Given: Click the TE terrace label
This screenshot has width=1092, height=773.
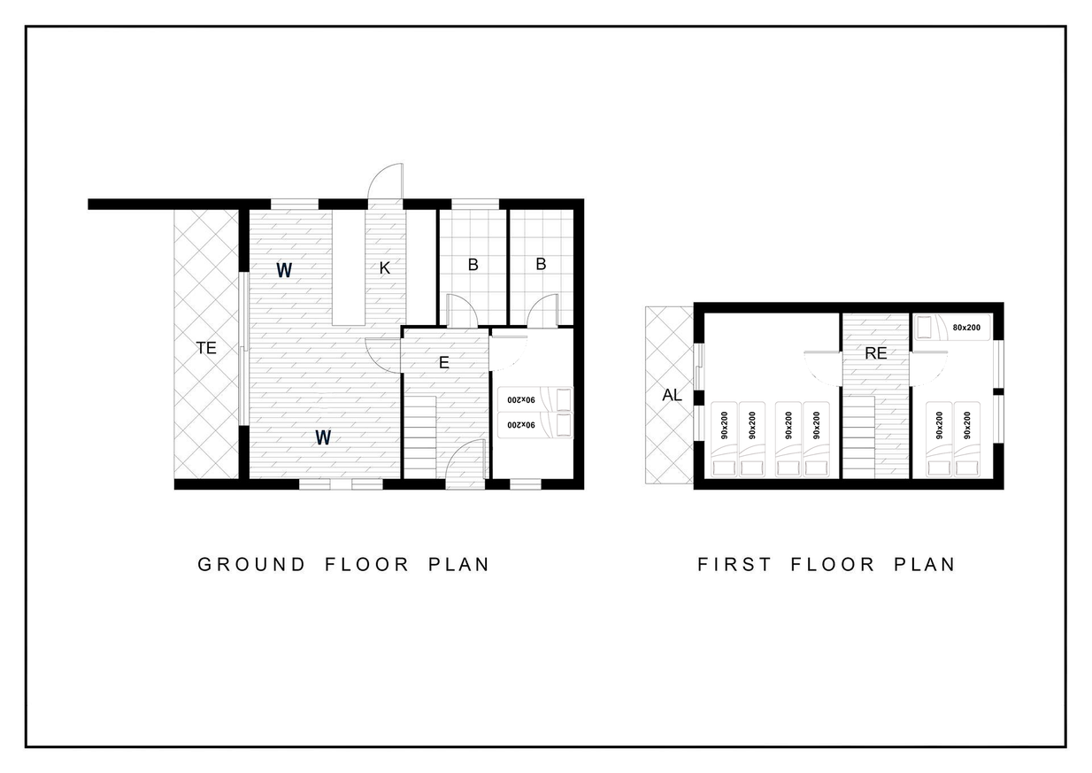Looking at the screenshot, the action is click(x=205, y=348).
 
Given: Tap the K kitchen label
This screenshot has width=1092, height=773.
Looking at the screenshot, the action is click(x=385, y=267).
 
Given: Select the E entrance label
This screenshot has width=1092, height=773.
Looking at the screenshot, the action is click(x=443, y=362).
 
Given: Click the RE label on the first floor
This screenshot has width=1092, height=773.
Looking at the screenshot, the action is click(x=875, y=353).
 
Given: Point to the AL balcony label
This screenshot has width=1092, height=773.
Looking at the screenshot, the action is click(x=672, y=395).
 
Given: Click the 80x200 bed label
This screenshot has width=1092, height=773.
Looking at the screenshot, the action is click(x=966, y=328).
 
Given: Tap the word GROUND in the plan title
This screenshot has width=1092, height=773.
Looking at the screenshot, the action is click(x=251, y=564).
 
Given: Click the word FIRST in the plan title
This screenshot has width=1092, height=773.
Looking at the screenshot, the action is click(x=734, y=564).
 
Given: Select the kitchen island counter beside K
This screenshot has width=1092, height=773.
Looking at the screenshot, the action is click(x=349, y=267).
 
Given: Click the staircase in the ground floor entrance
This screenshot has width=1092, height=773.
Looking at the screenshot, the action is click(x=420, y=437).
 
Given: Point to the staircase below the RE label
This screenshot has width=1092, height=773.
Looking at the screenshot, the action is click(x=859, y=437).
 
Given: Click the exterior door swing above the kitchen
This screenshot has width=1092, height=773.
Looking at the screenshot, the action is click(x=386, y=182).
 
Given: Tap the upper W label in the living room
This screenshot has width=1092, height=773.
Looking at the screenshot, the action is click(x=284, y=270).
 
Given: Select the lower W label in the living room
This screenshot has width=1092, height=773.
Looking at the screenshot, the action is click(x=323, y=437).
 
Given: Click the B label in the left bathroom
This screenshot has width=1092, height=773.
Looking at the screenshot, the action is click(x=473, y=265).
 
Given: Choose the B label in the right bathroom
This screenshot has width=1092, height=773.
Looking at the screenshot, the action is click(x=541, y=264).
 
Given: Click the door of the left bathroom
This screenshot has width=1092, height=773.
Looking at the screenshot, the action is click(x=462, y=311).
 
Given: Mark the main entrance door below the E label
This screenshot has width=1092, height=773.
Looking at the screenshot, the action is click(x=466, y=459).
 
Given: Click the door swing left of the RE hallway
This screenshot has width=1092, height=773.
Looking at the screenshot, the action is click(x=823, y=368).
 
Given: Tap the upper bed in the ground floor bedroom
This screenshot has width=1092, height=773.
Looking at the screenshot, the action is click(x=535, y=399).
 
